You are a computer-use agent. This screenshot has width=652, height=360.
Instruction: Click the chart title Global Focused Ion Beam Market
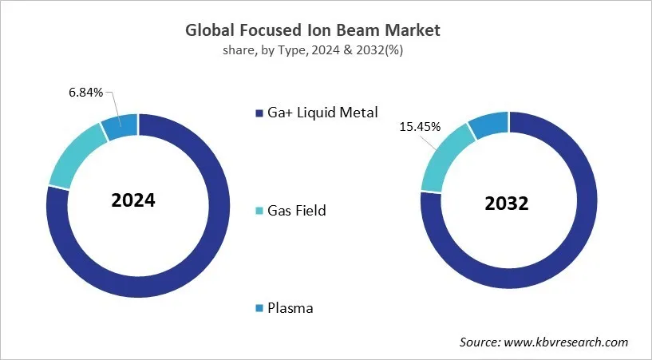tap(313, 31)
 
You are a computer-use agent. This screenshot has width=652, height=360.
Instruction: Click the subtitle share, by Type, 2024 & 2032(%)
tap(313, 50)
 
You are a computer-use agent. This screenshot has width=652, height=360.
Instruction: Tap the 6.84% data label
tap(85, 93)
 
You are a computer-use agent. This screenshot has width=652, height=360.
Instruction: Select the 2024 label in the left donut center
tap(133, 200)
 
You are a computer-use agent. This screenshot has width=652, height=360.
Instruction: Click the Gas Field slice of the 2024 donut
tap(76, 154)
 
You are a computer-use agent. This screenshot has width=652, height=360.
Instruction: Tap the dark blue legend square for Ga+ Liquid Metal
tap(259, 113)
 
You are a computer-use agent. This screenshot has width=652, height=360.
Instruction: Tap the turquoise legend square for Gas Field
tap(259, 211)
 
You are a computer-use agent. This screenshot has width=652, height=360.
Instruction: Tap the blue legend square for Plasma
tap(259, 308)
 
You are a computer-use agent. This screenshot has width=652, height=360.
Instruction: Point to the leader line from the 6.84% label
tap(112, 104)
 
